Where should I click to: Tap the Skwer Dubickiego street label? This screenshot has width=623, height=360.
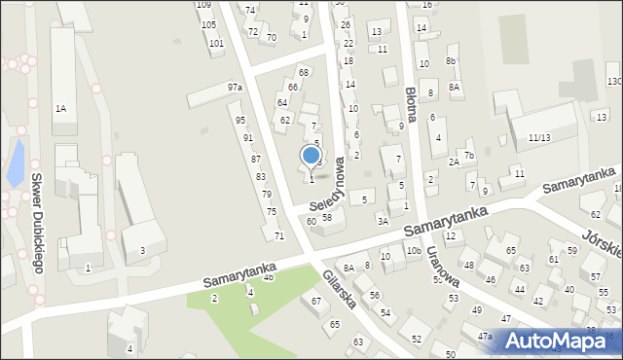point(37,225)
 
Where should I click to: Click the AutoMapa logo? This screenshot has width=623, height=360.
point(562,341)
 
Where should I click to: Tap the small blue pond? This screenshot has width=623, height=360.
point(15,162)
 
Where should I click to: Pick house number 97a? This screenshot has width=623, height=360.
point(235,88)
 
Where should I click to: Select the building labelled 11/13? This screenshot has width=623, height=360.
point(539,138)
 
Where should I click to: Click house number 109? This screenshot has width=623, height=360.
point(203,5)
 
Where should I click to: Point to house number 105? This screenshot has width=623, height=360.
point(208,24)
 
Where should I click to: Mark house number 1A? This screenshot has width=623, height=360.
point(60,107)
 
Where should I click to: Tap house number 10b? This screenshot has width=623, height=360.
point(413,251)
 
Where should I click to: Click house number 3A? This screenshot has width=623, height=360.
point(383,221)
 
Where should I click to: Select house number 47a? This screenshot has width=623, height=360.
point(484,336)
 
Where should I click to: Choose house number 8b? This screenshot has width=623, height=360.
point(451,61)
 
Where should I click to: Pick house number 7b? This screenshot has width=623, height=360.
point(468,155)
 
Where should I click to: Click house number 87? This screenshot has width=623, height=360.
point(256,159)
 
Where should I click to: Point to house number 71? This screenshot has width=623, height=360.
point(278,236)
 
